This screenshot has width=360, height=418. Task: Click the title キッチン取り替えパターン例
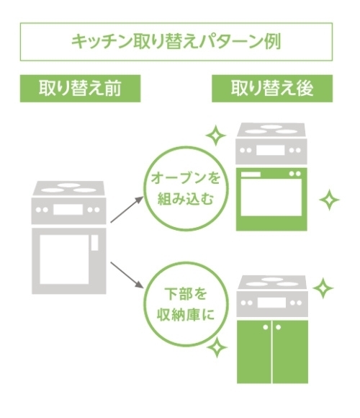click(x=176, y=42)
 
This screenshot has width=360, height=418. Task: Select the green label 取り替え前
click(x=80, y=88)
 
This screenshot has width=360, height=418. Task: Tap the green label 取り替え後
click(x=272, y=88)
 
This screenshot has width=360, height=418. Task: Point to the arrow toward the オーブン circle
click(x=127, y=209)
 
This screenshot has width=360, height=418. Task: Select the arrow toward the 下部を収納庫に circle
click(x=127, y=275)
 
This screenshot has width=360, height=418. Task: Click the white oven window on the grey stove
click(x=64, y=259)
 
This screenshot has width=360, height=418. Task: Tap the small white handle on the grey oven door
click(x=94, y=243)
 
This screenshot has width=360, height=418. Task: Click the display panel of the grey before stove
click(x=68, y=210)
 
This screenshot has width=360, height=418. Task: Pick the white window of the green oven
click(x=271, y=197)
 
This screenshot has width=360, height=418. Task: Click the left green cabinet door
click(x=254, y=352)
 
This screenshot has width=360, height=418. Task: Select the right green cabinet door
click(x=290, y=352)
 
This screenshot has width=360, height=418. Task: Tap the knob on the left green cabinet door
click(x=266, y=327)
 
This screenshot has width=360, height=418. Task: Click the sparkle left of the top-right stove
click(x=216, y=135)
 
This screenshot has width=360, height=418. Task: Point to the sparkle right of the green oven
click(x=329, y=200)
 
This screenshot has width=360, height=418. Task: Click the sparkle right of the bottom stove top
click(x=323, y=288)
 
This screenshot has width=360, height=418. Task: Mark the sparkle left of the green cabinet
click(x=217, y=347)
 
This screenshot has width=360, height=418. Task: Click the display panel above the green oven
click(x=270, y=150)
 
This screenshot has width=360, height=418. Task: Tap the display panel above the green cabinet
click(x=271, y=303)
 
